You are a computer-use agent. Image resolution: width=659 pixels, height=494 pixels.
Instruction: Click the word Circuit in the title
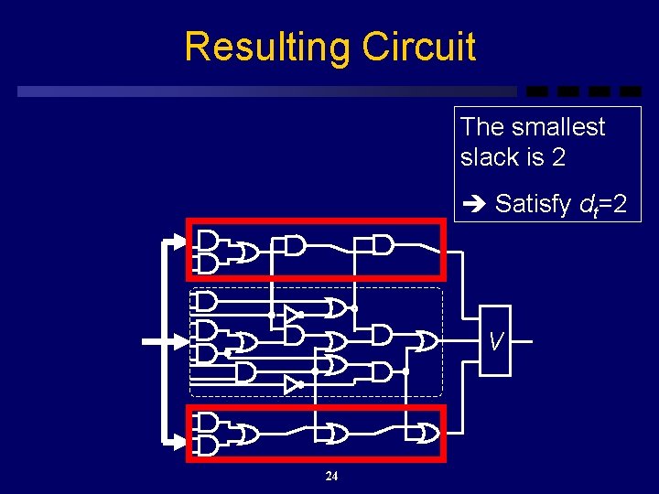coord(418,47)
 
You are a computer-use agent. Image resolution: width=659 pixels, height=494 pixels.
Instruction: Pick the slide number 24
coord(331,476)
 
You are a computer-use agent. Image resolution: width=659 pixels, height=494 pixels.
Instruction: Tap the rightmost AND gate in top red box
coord(383,244)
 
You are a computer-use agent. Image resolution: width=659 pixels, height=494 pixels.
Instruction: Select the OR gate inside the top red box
coord(248,252)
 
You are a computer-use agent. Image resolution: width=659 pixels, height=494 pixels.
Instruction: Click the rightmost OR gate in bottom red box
coord(427,432)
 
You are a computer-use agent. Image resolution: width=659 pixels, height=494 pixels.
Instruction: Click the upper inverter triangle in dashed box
coord(291,315)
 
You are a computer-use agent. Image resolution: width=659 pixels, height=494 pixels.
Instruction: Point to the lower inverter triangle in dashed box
coord(291,384)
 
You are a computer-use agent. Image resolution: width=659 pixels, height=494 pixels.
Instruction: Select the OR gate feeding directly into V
coord(426,341)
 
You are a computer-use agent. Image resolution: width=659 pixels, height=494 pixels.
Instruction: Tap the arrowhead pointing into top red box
coord(178,242)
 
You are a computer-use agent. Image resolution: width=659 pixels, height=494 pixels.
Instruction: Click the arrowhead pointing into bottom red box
coord(178,442)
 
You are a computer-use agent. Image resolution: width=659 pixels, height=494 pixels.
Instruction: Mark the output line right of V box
coord(521,341)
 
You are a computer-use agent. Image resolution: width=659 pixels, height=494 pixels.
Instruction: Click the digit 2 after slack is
coord(558,157)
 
